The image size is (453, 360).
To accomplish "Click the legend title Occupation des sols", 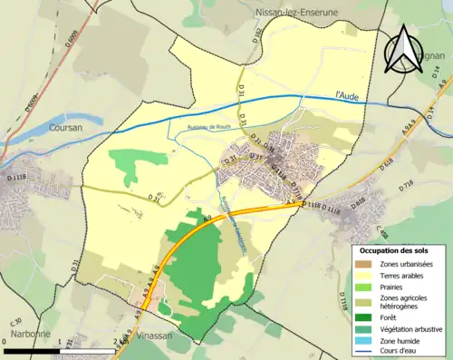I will pyautogui.click(x=395, y=250).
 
